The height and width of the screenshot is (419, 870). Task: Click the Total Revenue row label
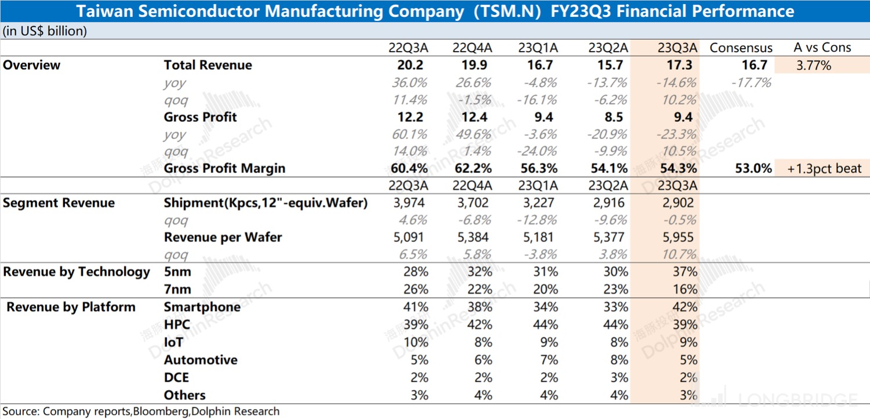[x=208, y=65]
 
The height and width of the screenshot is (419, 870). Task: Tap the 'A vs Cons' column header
[x=822, y=48]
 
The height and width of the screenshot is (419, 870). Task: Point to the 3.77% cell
[x=814, y=65]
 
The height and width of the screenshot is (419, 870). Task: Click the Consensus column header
[x=741, y=48]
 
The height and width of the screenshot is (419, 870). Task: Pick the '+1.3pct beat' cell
[x=824, y=169]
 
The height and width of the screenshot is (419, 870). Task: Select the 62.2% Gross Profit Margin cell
[x=472, y=169]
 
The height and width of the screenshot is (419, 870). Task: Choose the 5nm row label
[x=177, y=272]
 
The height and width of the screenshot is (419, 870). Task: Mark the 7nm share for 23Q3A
[x=683, y=290]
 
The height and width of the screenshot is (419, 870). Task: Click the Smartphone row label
[x=202, y=307]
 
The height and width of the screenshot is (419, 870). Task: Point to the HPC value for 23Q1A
[x=545, y=324]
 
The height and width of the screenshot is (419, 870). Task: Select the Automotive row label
[x=200, y=360]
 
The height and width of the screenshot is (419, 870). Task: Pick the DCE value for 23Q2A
[x=618, y=377]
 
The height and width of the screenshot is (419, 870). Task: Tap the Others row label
[x=184, y=395]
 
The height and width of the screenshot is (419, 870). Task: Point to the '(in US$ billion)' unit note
[x=45, y=31]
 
